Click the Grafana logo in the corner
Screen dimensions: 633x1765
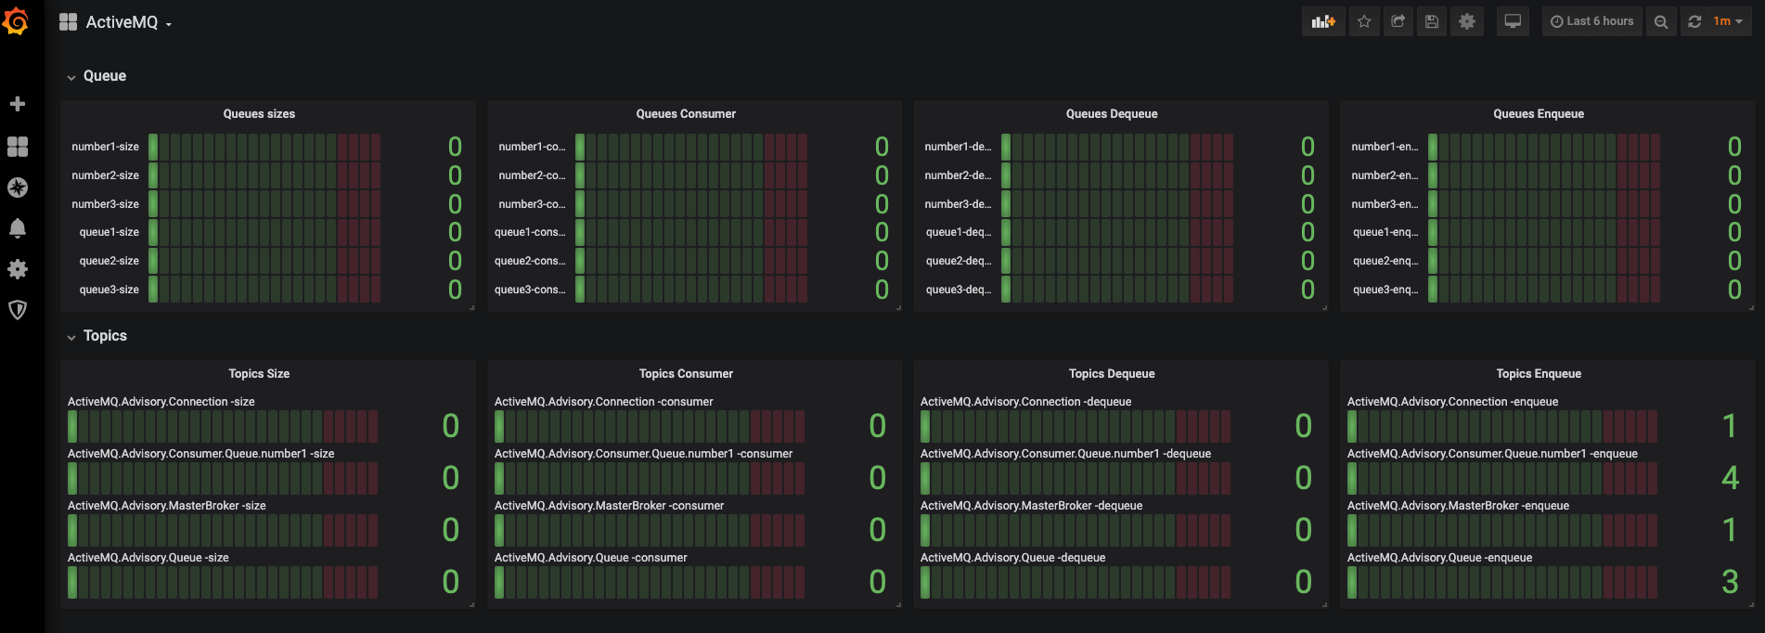coord(16,20)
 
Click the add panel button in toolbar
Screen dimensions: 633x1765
coord(1323,21)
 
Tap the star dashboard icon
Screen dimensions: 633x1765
coord(1364,21)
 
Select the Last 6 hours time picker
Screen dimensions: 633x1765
coord(1592,21)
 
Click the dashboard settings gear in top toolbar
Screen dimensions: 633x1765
coord(1467,21)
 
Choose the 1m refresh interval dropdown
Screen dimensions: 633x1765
coord(1727,21)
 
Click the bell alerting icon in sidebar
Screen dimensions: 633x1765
coord(17,228)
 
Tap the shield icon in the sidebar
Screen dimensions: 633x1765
coord(17,310)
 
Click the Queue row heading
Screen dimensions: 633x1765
coord(104,76)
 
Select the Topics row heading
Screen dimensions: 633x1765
coord(105,336)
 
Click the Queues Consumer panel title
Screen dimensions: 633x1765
coord(686,114)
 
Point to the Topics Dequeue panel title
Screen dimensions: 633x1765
coord(1112,374)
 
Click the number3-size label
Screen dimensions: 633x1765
coord(105,204)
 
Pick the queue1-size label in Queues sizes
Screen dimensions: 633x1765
coord(109,232)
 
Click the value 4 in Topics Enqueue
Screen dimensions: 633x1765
coord(1730,478)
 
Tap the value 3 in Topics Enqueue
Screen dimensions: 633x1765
coord(1730,582)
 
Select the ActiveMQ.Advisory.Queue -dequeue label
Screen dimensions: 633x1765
coord(1012,558)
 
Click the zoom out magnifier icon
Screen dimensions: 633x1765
coord(1661,21)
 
